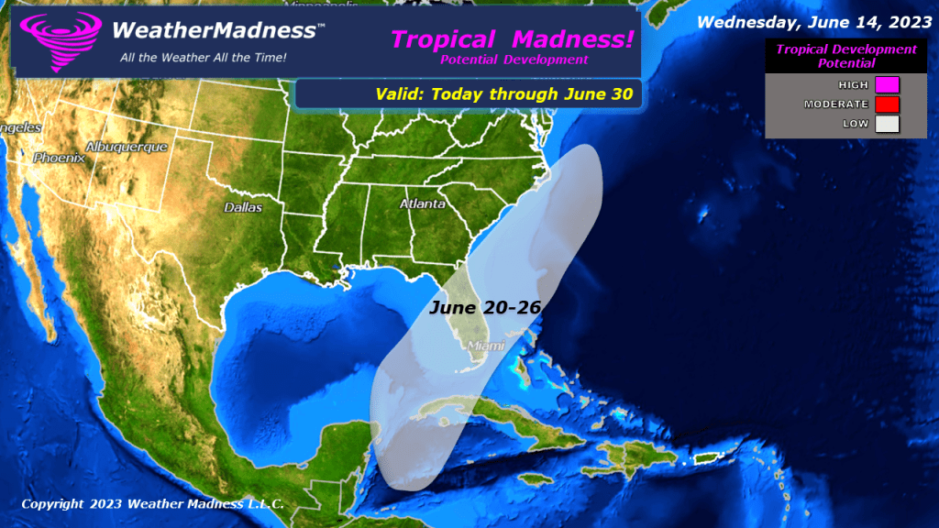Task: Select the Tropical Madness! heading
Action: (513, 39)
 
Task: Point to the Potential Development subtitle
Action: (514, 60)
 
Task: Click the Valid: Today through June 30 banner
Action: (504, 93)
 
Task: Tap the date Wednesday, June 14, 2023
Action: (814, 20)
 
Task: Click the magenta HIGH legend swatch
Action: (887, 85)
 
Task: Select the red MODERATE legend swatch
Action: (887, 104)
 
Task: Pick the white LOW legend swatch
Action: (887, 124)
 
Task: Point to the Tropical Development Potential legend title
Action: (845, 56)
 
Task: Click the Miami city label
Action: (486, 345)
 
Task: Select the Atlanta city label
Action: (422, 203)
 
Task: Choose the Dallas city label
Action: (243, 208)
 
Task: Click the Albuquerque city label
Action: (127, 147)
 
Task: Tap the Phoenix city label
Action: (59, 158)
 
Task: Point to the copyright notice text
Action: (152, 504)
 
